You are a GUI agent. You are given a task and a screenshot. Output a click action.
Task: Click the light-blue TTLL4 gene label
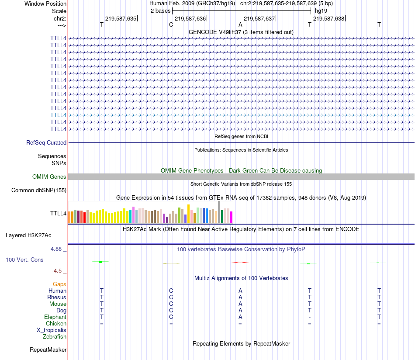pos(58,115)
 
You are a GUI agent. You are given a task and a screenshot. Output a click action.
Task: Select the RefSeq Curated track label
pos(46,142)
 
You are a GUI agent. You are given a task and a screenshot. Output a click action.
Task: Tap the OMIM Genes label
pos(49,177)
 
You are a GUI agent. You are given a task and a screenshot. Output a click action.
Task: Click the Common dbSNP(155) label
pos(39,190)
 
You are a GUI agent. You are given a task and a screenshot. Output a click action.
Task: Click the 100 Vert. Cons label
pos(24,260)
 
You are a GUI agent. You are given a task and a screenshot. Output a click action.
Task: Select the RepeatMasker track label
pos(48,350)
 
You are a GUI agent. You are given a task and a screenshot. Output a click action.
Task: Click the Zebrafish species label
pos(55,337)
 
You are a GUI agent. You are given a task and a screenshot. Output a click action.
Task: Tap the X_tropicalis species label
pos(52,330)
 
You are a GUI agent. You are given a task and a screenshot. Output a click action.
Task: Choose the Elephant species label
pos(55,317)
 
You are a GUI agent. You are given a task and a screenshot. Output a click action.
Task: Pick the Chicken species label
pos(56,323)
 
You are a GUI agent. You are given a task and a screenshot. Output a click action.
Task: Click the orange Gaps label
pos(59,284)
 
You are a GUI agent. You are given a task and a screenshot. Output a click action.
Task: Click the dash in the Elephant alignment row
pos(310,317)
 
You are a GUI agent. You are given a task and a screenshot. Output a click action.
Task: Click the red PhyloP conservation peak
pos(240,262)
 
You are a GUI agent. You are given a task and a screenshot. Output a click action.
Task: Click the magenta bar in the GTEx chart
pos(232,217)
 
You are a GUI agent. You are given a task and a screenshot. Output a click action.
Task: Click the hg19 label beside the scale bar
pos(321,10)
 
